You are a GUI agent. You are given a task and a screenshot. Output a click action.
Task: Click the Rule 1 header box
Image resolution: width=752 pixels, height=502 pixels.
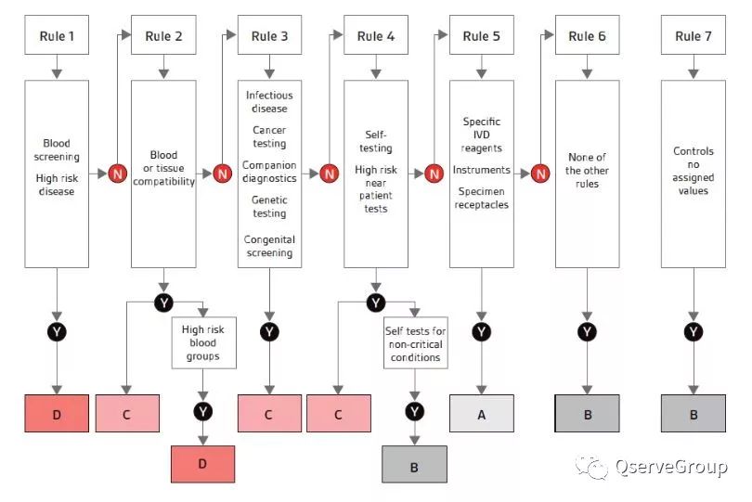57,36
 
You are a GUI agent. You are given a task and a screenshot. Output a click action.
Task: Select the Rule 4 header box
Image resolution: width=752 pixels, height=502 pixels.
376,36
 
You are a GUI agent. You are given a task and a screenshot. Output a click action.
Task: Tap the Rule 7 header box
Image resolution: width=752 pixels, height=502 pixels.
694,36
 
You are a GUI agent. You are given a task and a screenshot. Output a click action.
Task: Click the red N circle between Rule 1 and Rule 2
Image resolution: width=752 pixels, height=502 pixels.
117,173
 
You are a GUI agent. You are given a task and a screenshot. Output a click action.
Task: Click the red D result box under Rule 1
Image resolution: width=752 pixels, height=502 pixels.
57,414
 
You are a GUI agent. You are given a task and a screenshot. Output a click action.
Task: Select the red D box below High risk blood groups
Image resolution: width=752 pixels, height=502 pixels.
203,464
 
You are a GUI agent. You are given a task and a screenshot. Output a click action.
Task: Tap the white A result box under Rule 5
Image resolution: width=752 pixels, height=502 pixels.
482,414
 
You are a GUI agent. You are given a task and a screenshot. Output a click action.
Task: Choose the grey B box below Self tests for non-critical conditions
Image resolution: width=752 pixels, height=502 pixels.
415,464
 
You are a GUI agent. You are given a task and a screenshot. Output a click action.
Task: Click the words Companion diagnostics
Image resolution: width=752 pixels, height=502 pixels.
269,172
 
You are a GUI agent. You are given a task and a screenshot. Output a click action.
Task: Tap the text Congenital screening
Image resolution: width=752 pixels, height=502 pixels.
269,246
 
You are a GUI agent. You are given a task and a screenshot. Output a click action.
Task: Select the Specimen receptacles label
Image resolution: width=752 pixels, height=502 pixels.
482,199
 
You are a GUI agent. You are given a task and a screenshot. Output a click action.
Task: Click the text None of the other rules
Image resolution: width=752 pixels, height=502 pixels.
588,170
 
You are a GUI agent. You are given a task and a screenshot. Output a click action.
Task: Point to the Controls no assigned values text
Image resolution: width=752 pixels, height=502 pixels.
694,170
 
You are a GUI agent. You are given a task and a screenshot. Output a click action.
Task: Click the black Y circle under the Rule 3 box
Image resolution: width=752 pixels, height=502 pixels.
269,331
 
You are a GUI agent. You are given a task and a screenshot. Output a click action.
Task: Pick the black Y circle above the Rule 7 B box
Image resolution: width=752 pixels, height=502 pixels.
694,331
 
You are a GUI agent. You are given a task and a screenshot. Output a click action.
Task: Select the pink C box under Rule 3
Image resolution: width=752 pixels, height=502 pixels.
269,414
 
